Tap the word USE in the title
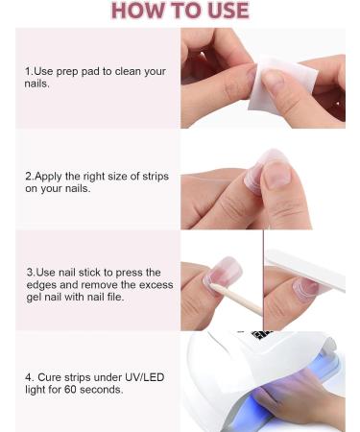(224, 12)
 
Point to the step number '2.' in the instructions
(30, 177)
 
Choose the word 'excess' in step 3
(155, 285)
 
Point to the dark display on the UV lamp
(262, 336)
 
